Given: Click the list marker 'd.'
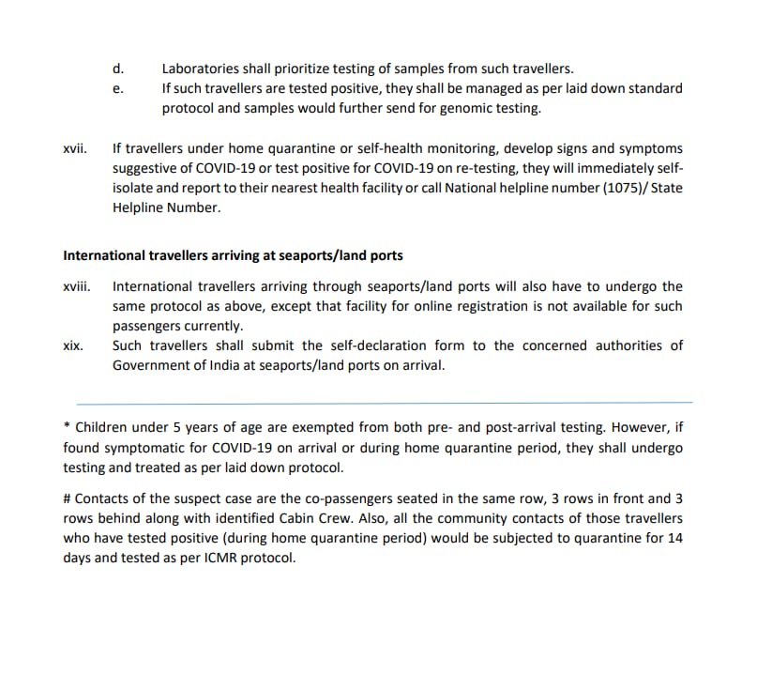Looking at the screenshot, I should pyautogui.click(x=117, y=69).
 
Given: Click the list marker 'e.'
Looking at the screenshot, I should pyautogui.click(x=117, y=88).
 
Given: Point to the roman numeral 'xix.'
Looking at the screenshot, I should pyautogui.click(x=73, y=345).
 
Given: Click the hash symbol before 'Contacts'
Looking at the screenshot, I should pyautogui.click(x=68, y=498).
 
